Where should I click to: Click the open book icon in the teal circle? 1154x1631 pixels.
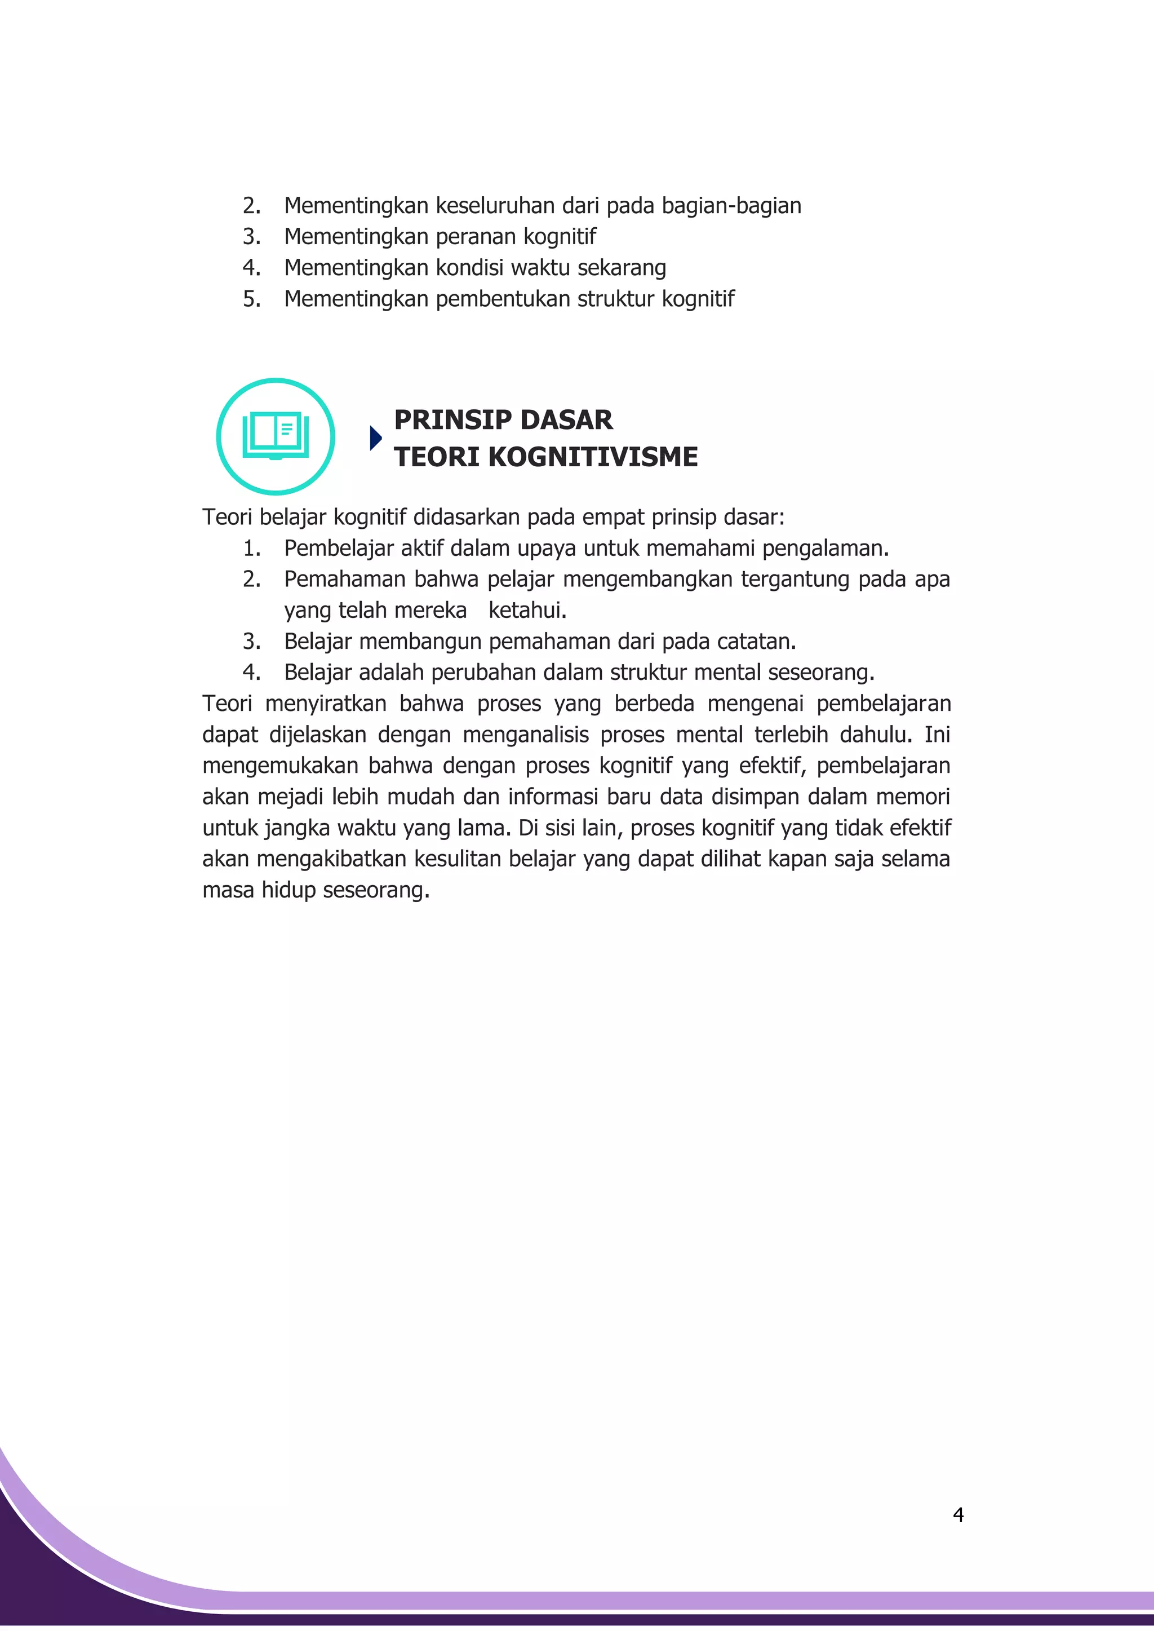coord(276,436)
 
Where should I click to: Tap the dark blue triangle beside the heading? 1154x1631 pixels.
coord(376,439)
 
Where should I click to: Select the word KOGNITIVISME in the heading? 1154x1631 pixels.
coord(593,457)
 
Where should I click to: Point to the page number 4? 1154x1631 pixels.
coord(958,1515)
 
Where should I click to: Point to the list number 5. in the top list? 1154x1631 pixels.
coord(251,299)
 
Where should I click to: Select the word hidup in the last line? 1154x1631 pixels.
coord(288,891)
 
